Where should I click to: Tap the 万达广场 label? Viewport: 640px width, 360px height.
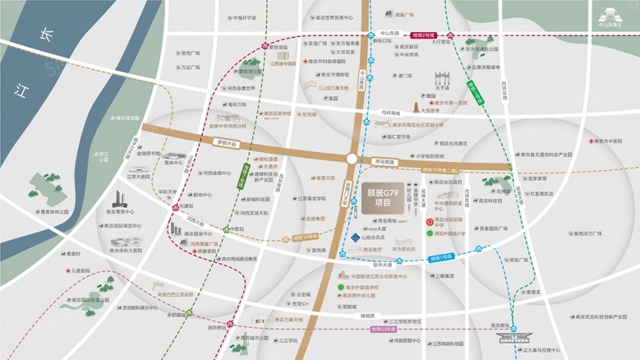[188, 67]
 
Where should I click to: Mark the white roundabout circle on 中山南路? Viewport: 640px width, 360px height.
[352, 158]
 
